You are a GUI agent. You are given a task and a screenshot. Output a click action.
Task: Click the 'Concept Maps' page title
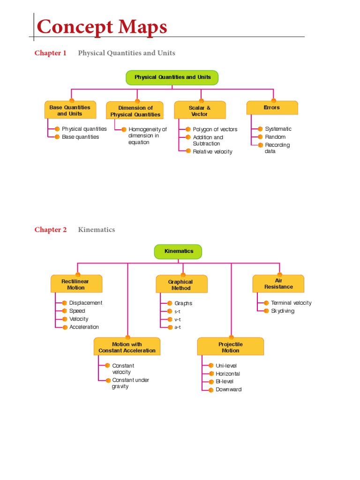[102, 27]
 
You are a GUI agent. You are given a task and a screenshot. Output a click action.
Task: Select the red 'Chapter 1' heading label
[51, 53]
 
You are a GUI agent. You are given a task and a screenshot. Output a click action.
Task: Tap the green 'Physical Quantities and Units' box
[172, 77]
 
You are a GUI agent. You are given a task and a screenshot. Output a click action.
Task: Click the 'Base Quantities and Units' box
[70, 111]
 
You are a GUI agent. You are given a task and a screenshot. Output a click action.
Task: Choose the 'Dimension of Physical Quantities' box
[135, 111]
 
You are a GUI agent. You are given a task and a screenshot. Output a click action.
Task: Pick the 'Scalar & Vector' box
[200, 111]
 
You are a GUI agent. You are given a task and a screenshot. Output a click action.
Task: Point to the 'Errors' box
[272, 108]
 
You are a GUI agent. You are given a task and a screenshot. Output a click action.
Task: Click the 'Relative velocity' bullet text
[212, 152]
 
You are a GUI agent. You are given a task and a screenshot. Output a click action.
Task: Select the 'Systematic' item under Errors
[278, 129]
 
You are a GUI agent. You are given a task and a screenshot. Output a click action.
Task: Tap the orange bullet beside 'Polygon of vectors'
[188, 129]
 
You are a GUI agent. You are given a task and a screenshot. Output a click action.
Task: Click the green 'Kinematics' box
[179, 251]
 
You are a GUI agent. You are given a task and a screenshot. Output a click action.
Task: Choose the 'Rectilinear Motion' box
[76, 285]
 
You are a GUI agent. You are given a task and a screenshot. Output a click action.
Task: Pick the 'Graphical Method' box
[181, 285]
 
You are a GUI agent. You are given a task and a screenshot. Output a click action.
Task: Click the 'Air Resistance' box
[278, 284]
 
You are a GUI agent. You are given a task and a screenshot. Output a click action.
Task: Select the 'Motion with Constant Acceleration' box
[127, 347]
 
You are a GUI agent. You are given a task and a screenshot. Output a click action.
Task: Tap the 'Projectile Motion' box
[231, 347]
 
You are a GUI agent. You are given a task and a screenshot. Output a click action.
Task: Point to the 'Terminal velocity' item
[291, 303]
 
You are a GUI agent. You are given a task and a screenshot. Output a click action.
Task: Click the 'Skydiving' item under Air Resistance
[283, 311]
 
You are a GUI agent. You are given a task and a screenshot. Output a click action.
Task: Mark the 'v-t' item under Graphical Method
[178, 319]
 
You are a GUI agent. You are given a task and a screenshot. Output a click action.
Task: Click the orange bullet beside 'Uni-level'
[210, 365]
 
